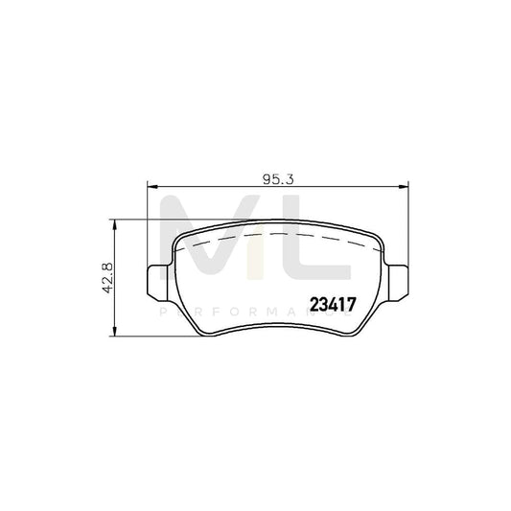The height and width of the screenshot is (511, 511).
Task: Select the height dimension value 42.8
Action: pos(107,278)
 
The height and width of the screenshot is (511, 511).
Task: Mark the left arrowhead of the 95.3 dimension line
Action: pos(150,188)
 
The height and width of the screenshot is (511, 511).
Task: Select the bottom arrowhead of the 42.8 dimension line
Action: pos(116,334)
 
